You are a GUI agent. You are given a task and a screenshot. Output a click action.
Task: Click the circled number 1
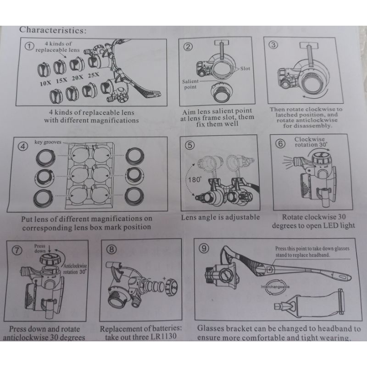point(30,47)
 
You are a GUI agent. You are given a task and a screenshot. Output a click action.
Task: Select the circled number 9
point(203,248)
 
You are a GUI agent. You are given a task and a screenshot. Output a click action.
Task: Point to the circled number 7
point(17,250)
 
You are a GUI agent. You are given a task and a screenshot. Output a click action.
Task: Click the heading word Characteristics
point(52,30)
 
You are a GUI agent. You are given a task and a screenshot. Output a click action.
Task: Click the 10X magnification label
point(45,84)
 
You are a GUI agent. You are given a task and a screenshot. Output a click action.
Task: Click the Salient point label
point(189,83)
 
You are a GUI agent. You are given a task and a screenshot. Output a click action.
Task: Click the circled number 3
point(274,44)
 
